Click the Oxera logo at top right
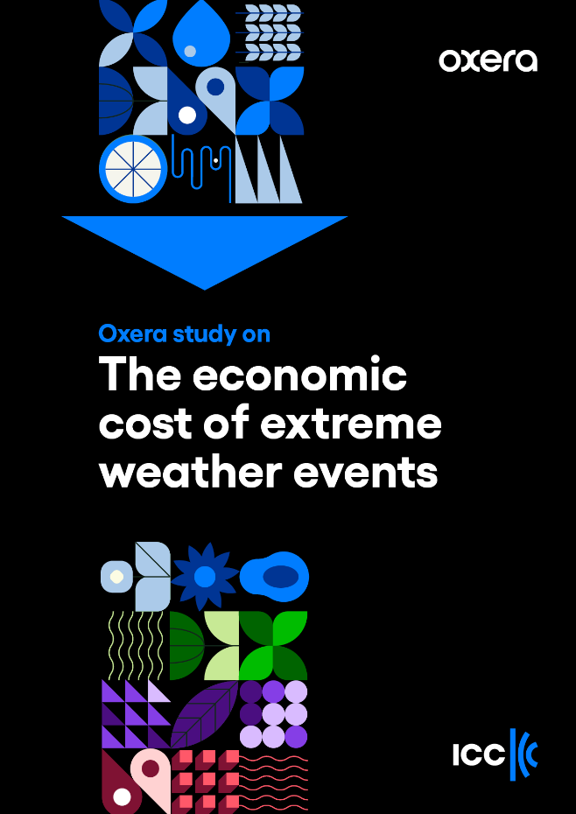(488, 60)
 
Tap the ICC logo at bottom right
(495, 754)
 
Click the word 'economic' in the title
(299, 375)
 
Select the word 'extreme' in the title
(350, 425)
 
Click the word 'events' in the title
(366, 473)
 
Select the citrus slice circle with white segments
(133, 169)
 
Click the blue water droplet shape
(201, 32)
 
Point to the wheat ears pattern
(270, 32)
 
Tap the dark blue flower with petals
(205, 577)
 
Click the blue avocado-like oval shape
(274, 577)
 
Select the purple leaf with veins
(204, 714)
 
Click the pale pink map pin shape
(150, 779)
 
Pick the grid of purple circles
(274, 714)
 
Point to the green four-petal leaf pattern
(273, 645)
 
